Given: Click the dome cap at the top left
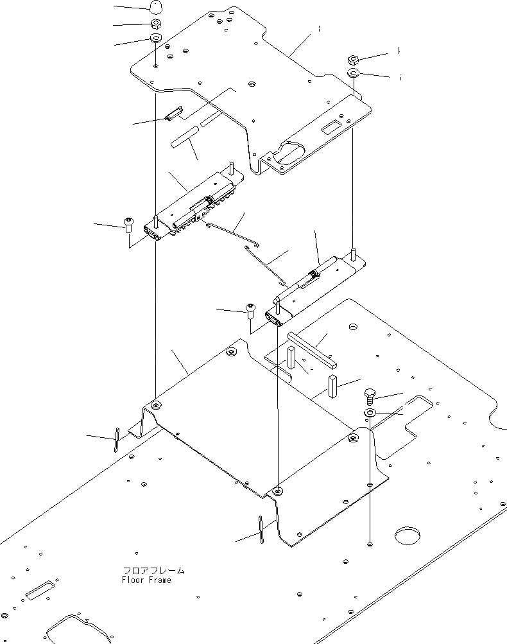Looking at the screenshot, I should point(155,8).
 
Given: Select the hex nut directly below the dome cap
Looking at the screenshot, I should point(155,24).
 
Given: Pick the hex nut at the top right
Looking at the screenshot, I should point(353,59).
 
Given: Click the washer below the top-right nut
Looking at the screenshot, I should point(354,73).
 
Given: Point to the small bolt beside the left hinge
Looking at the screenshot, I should point(128,225).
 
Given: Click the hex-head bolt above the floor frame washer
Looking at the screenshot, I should point(370,394).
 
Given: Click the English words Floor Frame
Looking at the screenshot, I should point(146,580).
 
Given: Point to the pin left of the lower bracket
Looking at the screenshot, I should point(116,440).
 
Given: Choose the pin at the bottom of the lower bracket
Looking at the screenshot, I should point(261,529).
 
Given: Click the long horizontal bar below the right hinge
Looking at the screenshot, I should point(311,347).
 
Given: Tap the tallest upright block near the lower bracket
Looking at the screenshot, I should point(332,387).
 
